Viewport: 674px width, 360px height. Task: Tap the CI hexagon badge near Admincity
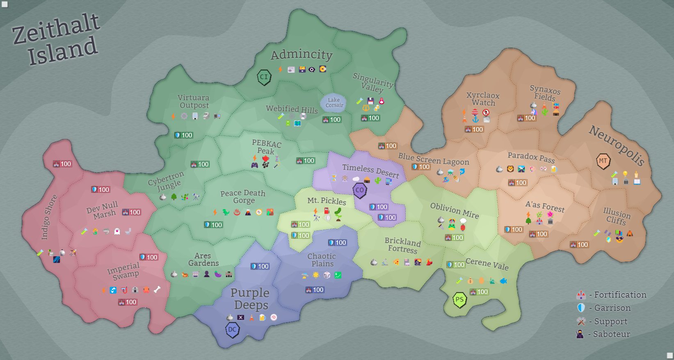click(264, 77)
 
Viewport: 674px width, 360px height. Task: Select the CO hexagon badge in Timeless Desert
click(360, 190)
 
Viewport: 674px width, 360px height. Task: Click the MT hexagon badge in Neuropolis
click(603, 161)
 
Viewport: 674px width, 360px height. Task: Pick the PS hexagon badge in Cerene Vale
click(459, 299)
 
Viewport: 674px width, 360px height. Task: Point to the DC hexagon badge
click(232, 330)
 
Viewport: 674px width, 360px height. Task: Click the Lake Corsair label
click(334, 103)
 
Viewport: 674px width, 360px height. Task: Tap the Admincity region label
click(302, 55)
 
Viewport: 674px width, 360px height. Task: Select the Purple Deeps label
click(250, 298)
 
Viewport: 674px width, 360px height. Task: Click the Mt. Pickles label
click(327, 201)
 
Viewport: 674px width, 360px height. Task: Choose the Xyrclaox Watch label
click(483, 99)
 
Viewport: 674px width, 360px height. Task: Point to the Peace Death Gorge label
click(243, 196)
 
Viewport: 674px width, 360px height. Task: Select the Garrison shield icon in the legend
click(581, 308)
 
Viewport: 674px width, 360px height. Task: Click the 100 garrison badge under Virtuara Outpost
click(183, 135)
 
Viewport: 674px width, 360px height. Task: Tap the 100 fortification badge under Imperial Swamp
click(127, 302)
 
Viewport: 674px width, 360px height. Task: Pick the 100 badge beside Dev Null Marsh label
click(131, 212)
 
